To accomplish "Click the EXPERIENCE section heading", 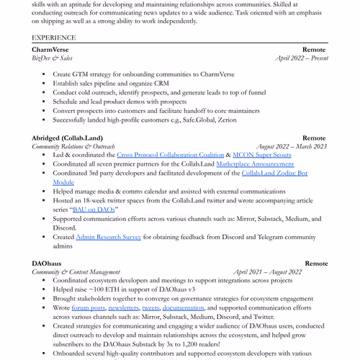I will point(53,37).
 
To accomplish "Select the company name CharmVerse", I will point(51,49).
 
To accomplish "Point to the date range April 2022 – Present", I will point(302,58).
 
